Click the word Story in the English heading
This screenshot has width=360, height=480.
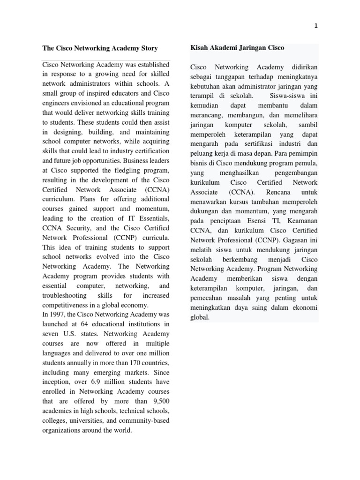[x=147, y=48]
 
